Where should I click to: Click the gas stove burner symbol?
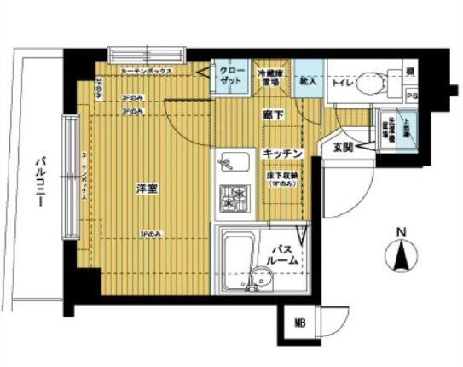[233, 200]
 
